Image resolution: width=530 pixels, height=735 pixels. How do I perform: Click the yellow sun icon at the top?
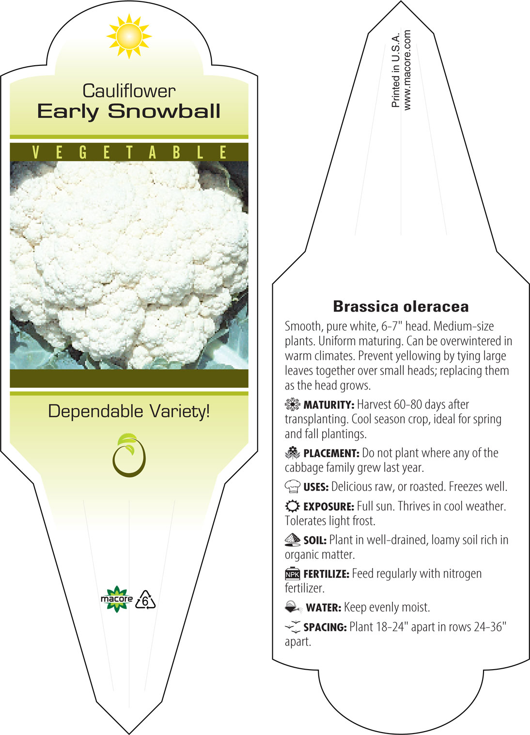[129, 36]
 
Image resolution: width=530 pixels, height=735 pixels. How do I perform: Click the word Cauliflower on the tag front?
[129, 91]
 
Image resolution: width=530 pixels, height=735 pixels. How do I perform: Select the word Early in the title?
[68, 112]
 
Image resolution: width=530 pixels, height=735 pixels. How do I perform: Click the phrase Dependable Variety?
[129, 411]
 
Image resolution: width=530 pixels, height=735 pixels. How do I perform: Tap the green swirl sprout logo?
[129, 455]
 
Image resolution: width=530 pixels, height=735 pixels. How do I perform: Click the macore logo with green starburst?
[117, 599]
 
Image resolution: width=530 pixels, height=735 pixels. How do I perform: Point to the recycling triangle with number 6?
[145, 600]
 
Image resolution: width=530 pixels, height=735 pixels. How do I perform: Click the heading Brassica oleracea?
[401, 306]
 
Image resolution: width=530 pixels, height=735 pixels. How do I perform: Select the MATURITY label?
[329, 405]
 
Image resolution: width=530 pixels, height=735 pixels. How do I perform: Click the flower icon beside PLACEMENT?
[293, 453]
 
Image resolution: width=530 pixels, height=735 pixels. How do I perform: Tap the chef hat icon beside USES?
[293, 486]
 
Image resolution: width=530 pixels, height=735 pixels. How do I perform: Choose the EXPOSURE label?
[329, 507]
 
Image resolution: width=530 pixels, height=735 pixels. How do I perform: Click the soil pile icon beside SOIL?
[293, 540]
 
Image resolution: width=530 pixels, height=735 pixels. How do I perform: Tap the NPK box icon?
[293, 573]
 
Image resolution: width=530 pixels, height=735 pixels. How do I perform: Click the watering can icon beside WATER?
[293, 607]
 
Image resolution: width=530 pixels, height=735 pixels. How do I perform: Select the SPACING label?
[325, 628]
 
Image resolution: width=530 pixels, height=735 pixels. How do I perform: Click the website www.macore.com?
[407, 70]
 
